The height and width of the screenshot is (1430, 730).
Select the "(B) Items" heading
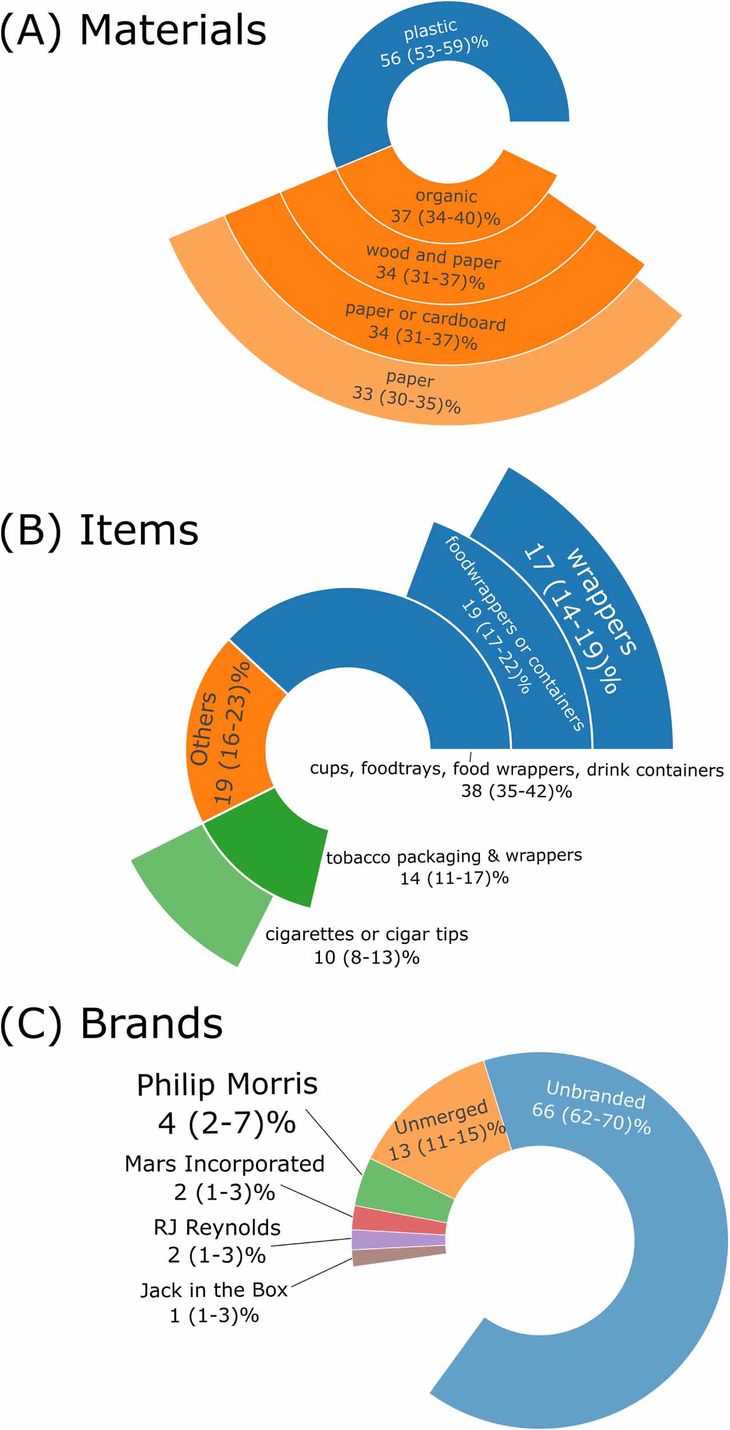pyautogui.click(x=100, y=531)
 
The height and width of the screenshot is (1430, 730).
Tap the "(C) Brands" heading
pyautogui.click(x=112, y=1024)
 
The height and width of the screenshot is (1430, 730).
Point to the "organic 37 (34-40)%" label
pyautogui.click(x=445, y=206)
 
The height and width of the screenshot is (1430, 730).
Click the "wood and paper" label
pyautogui.click(x=433, y=257)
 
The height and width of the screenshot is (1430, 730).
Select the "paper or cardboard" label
pyautogui.click(x=425, y=317)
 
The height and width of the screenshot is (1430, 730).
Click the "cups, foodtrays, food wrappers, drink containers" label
pyautogui.click(x=516, y=769)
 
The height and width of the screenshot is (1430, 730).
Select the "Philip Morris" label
pyautogui.click(x=227, y=1085)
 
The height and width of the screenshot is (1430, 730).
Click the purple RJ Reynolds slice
pyautogui.click(x=398, y=1240)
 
